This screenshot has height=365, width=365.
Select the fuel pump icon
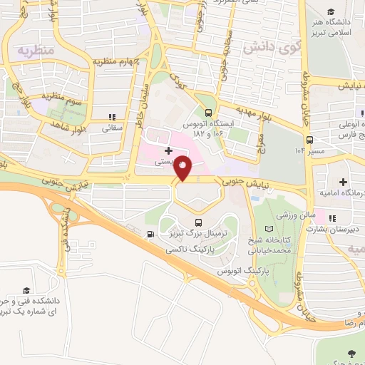coord(150,235)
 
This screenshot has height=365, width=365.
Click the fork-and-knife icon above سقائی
coord(111,117)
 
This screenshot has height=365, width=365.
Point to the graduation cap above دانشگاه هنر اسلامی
coord(331,11)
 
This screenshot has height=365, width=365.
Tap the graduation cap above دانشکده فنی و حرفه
coord(26,290)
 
